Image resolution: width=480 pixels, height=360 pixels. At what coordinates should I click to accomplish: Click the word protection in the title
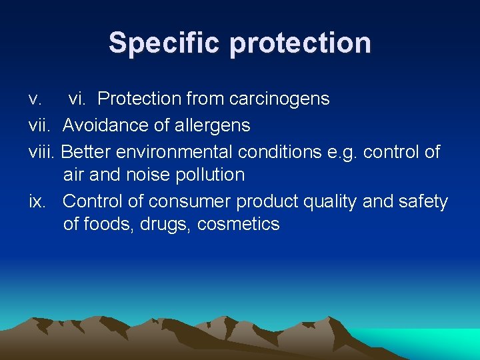coord(301,43)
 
